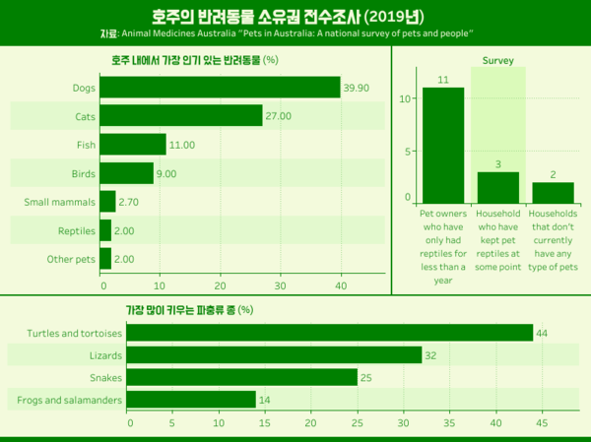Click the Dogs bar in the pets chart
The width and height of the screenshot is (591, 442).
[221, 88]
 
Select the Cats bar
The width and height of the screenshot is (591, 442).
[182, 116]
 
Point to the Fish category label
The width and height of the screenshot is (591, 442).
[84, 145]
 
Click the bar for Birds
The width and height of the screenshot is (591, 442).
[128, 173]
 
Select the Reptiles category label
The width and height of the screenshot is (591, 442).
[76, 231]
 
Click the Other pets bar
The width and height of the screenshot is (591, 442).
[106, 260]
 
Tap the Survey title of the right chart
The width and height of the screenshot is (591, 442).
[497, 60]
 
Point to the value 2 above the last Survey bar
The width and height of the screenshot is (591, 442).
[553, 173]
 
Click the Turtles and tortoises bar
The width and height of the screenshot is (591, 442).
[329, 333]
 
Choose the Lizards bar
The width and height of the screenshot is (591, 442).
[274, 354]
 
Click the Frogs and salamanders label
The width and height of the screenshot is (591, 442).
[64, 400]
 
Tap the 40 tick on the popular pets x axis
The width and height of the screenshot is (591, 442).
[341, 286]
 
